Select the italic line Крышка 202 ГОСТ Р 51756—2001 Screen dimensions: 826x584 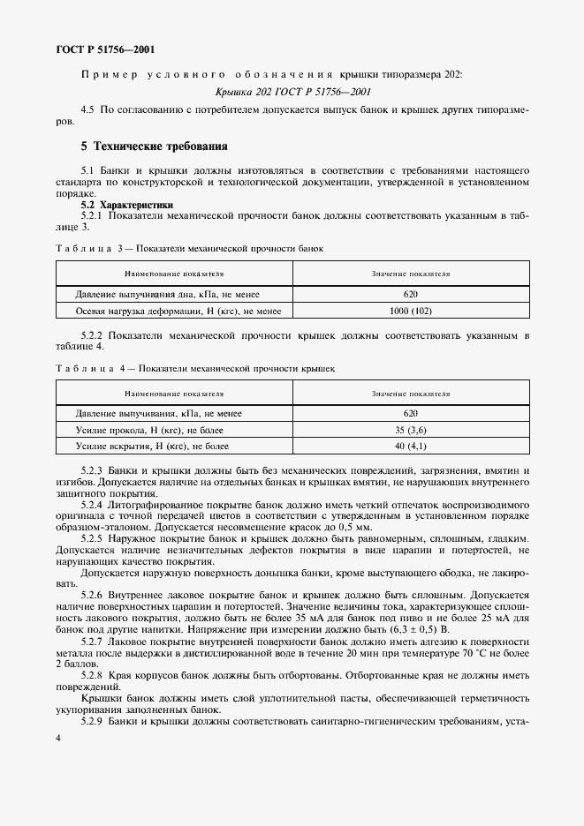292,92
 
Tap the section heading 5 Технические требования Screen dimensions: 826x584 155,146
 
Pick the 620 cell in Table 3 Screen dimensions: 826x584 410,294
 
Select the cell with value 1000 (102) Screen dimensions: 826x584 410,311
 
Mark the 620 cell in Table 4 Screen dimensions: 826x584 410,413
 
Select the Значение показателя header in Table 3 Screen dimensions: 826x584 410,274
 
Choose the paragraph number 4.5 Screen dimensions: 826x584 87,109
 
